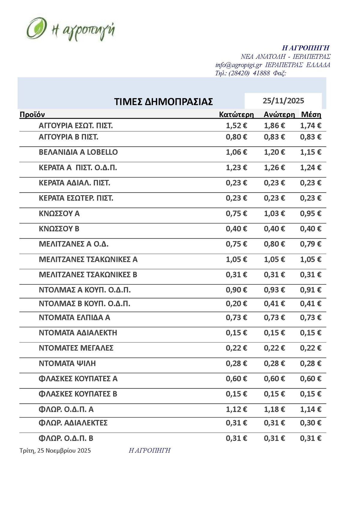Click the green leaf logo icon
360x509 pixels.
pyautogui.click(x=36, y=28)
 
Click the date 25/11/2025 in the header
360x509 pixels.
pyautogui.click(x=283, y=101)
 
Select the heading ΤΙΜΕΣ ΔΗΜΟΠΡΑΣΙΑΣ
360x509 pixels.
pyautogui.click(x=163, y=102)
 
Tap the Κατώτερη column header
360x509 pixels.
pyautogui.click(x=236, y=115)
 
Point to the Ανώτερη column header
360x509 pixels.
pyautogui.click(x=279, y=115)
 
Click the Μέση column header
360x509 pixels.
pyautogui.click(x=311, y=115)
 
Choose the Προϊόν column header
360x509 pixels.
pyautogui.click(x=32, y=115)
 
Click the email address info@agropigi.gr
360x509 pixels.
pyautogui.click(x=238, y=65)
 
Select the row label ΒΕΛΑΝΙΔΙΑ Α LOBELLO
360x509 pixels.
pyautogui.click(x=78, y=152)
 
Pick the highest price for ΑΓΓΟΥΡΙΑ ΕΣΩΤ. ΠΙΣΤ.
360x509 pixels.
pyautogui.click(x=274, y=126)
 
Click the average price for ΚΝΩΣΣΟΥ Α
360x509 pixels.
pyautogui.click(x=310, y=214)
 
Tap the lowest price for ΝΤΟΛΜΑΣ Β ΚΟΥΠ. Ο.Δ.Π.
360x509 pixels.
pyautogui.click(x=236, y=304)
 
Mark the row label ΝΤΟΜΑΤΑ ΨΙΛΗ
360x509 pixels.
pyautogui.click(x=67, y=364)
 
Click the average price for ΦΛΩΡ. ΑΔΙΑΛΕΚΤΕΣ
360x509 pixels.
pyautogui.click(x=310, y=423)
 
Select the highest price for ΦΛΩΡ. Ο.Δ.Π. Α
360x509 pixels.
pyautogui.click(x=274, y=409)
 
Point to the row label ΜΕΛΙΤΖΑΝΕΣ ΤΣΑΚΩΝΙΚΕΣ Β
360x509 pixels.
pyautogui.click(x=88, y=275)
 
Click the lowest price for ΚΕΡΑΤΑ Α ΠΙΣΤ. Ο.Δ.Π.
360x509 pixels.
pyautogui.click(x=236, y=168)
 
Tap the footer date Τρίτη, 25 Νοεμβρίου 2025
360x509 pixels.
pyautogui.click(x=55, y=451)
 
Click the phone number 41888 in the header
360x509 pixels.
pyautogui.click(x=261, y=73)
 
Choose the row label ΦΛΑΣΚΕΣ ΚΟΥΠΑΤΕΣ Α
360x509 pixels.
pyautogui.click(x=78, y=379)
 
